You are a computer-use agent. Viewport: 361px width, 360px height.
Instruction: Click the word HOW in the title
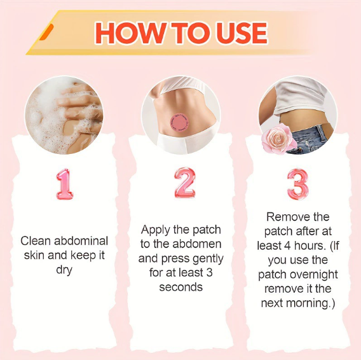[131, 33]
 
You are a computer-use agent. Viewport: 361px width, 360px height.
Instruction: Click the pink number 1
[65, 184]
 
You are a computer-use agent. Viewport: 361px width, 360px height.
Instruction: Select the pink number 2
[185, 183]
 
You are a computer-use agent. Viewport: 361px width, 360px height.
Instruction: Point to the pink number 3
[297, 184]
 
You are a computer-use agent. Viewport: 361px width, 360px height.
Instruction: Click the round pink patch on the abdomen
[179, 123]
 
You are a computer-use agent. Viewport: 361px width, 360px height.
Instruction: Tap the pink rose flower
[278, 138]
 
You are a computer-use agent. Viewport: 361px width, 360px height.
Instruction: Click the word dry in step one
[64, 270]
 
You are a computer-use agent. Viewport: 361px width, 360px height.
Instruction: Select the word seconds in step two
[181, 287]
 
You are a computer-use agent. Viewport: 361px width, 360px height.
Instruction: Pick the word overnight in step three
[314, 275]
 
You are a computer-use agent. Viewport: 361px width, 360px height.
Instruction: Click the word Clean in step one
[35, 241]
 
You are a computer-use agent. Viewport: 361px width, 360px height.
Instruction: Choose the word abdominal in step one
[81, 241]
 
